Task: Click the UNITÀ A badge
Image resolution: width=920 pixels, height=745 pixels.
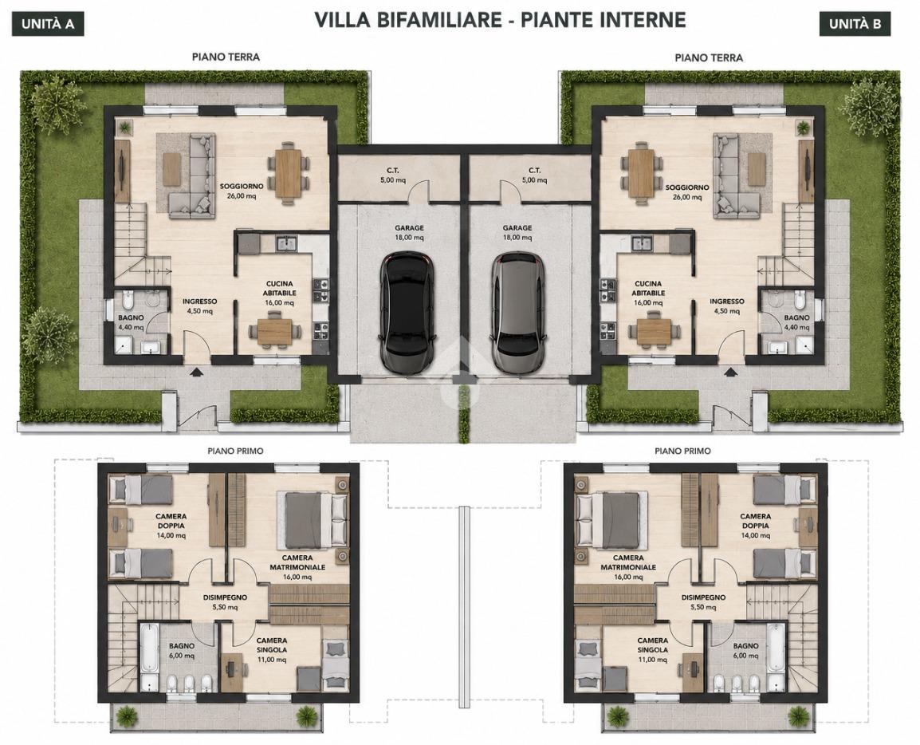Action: coord(48,24)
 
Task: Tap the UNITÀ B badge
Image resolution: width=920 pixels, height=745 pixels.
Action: coord(855,24)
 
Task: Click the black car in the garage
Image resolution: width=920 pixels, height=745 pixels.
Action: coord(408,312)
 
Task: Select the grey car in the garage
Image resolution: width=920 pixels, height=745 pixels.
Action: coord(517,312)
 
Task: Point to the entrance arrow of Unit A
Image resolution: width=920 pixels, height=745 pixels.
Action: coord(195,371)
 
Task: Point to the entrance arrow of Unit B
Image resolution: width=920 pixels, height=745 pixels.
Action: coord(730,371)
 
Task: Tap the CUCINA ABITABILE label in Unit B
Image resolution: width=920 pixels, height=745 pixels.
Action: coord(648,288)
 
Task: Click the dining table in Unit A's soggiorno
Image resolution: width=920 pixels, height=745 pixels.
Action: coord(288,173)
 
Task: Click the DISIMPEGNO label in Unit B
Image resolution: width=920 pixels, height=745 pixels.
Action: coord(703,597)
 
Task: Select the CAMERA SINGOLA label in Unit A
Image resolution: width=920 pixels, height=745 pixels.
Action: coord(272,645)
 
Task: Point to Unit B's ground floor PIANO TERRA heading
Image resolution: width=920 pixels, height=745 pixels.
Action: coord(709,57)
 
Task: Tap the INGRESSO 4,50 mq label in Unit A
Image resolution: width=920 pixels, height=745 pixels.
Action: coord(199,305)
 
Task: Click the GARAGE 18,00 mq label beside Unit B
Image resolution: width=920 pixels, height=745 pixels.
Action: coord(517,232)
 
